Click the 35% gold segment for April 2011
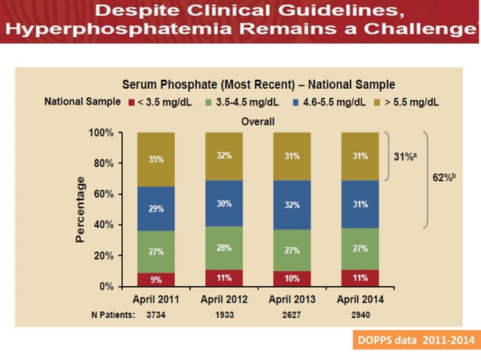155,160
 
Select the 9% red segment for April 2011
155,279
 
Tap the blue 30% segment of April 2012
224,203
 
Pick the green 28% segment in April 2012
224,248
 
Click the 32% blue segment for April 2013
293,204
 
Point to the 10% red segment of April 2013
293,279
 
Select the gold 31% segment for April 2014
360,157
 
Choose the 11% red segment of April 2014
360,278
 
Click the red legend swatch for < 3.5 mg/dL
130,102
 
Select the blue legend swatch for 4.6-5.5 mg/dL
299,102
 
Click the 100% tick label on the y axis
99,133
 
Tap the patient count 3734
155,315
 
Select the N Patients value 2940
360,315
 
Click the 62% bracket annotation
445,178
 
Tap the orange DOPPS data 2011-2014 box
416,339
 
